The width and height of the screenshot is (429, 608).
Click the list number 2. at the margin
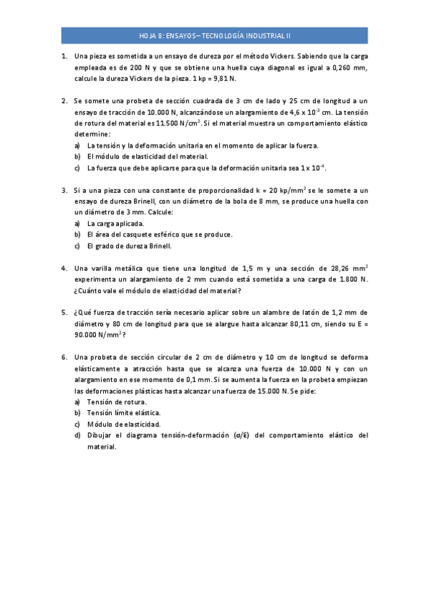(64, 101)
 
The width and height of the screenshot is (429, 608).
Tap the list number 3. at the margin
(64, 191)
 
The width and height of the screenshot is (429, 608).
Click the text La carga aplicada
(115, 224)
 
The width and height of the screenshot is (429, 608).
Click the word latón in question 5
(319, 312)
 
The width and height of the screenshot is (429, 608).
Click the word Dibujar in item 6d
(100, 434)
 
